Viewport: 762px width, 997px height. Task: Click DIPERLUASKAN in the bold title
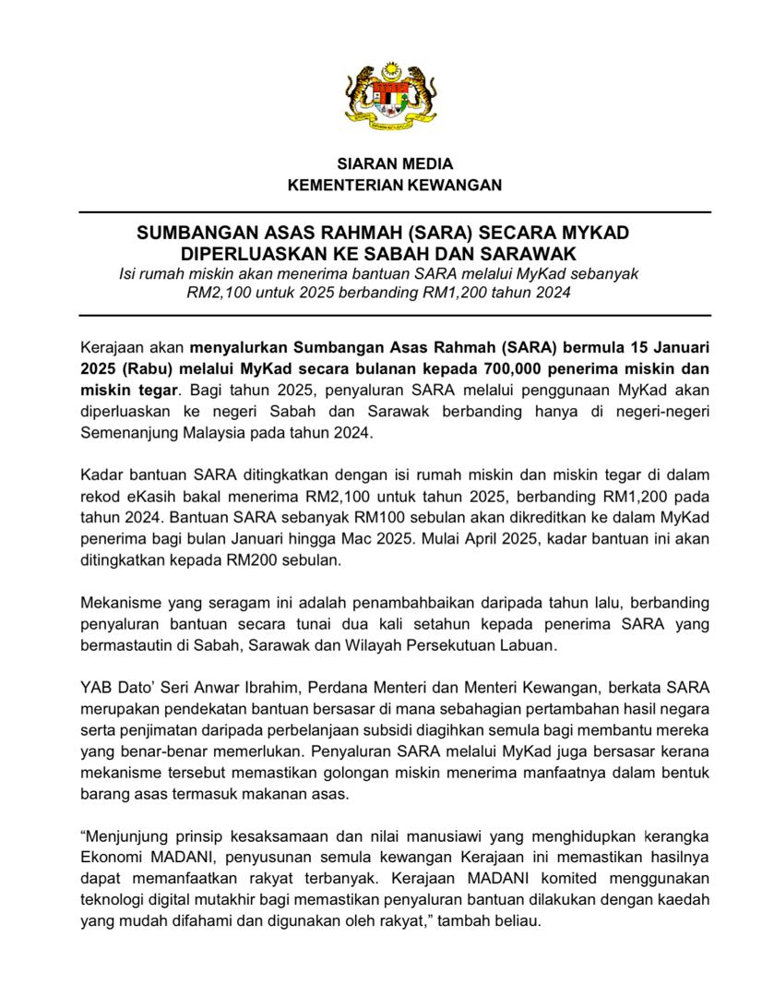pyautogui.click(x=247, y=253)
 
